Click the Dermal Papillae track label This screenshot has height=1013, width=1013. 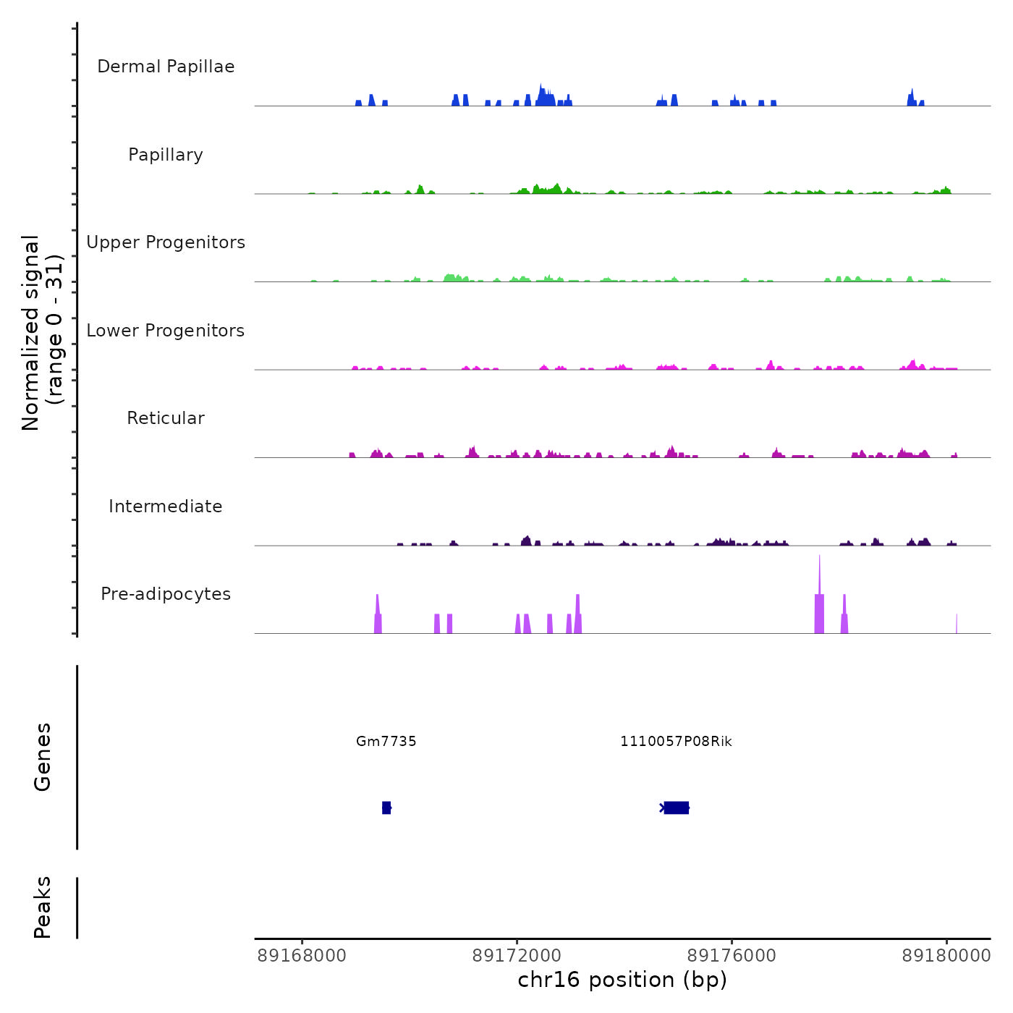tap(166, 67)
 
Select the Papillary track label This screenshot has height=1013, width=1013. tap(166, 155)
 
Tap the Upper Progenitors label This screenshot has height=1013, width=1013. tap(166, 242)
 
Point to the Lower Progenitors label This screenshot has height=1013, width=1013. tap(166, 331)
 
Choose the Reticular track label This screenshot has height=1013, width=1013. tap(166, 418)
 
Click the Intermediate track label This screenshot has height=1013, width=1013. tap(166, 506)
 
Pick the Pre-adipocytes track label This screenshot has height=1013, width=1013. tap(166, 594)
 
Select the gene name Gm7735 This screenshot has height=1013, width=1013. tap(386, 741)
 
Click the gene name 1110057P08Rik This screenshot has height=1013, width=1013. tap(676, 741)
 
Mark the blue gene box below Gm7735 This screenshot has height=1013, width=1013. tap(386, 808)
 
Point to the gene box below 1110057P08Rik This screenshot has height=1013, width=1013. tap(676, 808)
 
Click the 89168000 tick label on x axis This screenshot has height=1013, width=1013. tap(302, 956)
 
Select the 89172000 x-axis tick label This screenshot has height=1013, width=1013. tap(517, 956)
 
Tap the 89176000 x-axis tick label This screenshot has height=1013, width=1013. tap(732, 956)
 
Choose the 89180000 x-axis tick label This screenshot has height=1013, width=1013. tap(946, 956)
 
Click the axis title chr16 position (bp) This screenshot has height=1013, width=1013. tap(622, 980)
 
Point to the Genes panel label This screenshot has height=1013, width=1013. tap(43, 757)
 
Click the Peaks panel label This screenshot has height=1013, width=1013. tap(43, 907)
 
